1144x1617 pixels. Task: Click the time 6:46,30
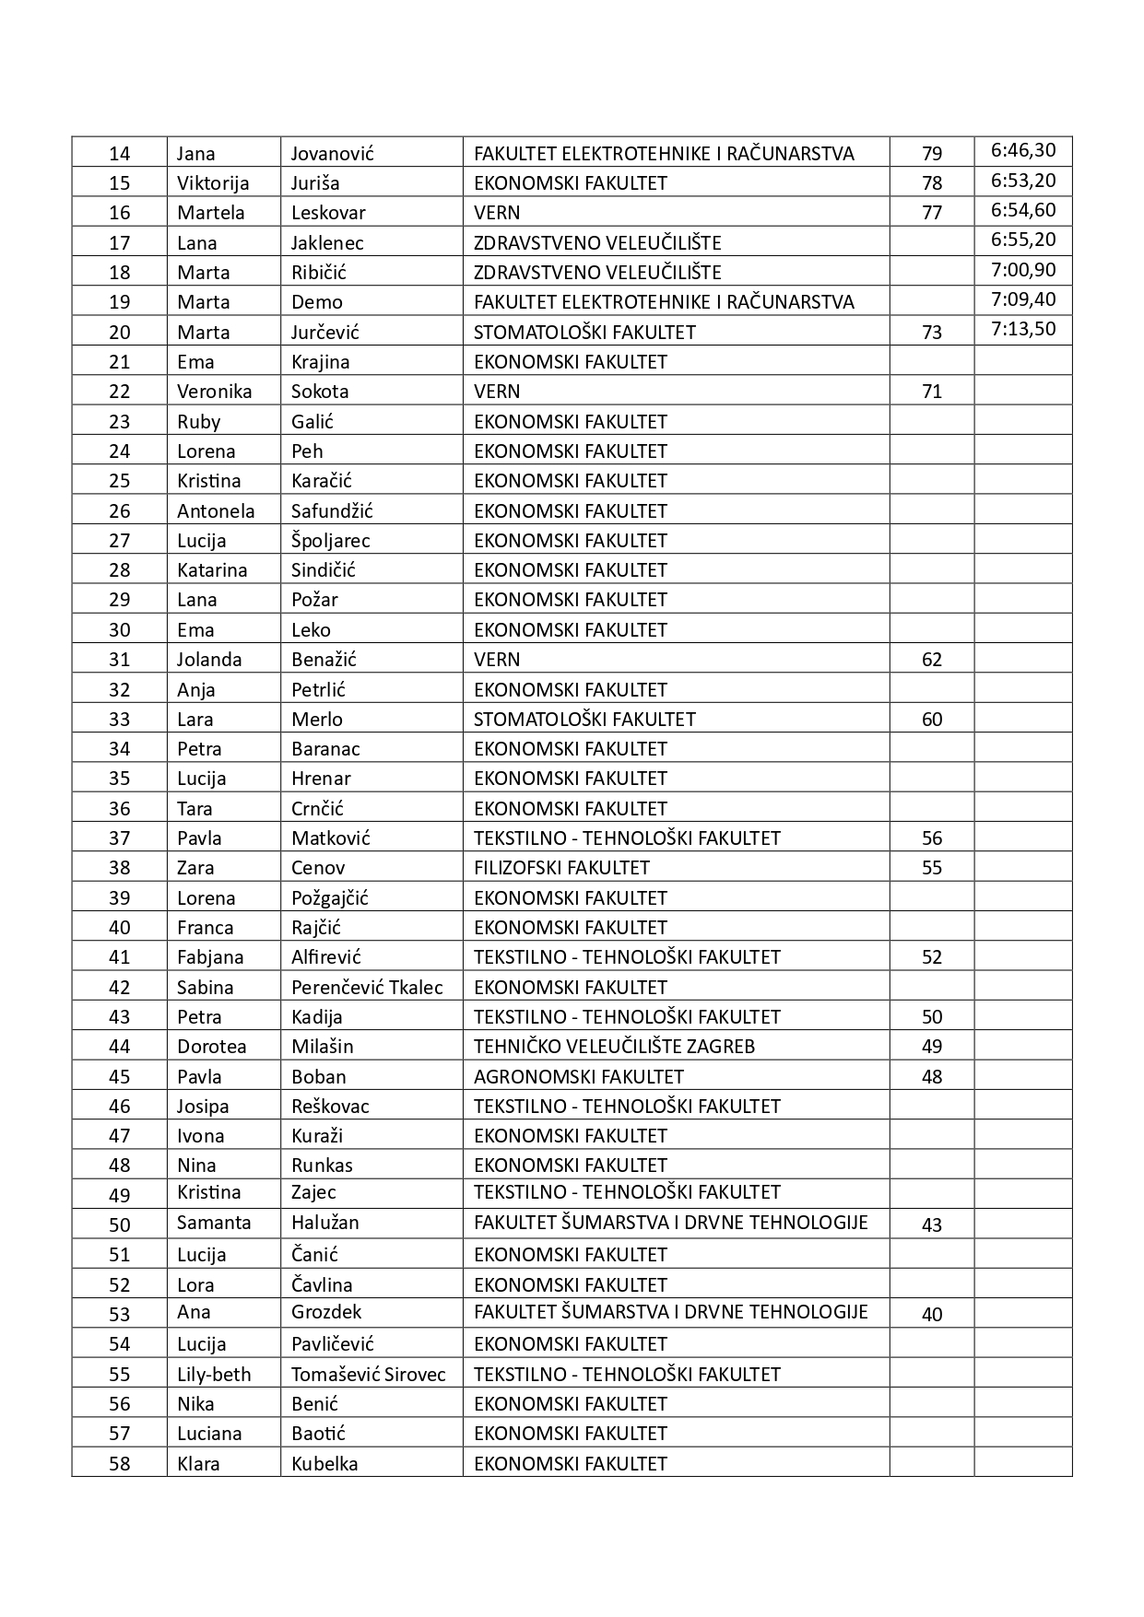click(x=1023, y=151)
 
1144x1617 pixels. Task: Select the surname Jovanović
click(x=332, y=154)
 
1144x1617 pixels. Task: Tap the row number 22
click(x=120, y=392)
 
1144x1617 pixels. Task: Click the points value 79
click(x=932, y=154)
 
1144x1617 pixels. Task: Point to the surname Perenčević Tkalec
click(x=367, y=988)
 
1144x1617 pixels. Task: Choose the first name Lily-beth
click(x=214, y=1375)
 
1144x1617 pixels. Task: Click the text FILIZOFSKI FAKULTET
click(x=561, y=868)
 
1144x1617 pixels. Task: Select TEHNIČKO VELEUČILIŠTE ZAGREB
click(x=614, y=1047)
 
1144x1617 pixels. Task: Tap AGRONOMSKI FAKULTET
click(x=579, y=1077)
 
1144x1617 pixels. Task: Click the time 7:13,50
click(x=1023, y=330)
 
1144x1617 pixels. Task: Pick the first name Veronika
click(x=214, y=392)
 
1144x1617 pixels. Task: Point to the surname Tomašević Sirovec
click(x=368, y=1375)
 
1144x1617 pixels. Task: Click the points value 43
click(x=932, y=1225)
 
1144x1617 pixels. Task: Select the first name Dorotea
click(x=211, y=1047)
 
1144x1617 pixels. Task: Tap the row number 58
click(x=120, y=1464)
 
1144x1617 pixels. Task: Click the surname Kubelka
click(x=324, y=1464)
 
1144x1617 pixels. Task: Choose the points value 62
click(x=932, y=660)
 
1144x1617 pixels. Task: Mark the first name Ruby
click(x=198, y=422)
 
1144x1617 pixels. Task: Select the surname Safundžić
click(x=332, y=511)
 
